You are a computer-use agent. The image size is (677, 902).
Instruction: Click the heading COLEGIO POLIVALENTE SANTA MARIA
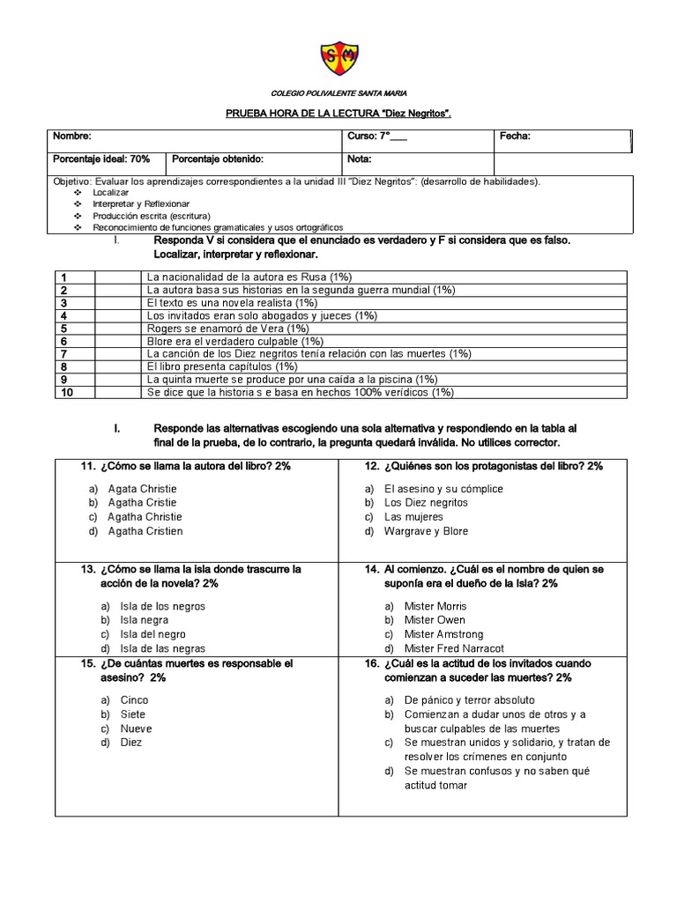[x=338, y=93]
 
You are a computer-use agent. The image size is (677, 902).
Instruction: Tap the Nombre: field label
[x=71, y=137]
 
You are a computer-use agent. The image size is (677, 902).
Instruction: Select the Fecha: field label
[x=515, y=137]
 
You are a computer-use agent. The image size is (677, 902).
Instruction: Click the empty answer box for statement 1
[x=118, y=277]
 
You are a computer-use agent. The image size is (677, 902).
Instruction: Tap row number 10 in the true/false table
[x=66, y=392]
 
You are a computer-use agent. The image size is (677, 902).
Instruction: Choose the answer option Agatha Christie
[x=145, y=516]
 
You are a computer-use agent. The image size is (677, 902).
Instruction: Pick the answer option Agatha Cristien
[x=145, y=531]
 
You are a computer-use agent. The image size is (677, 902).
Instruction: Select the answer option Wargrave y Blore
[x=426, y=531]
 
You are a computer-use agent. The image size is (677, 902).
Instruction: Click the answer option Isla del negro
[x=153, y=634]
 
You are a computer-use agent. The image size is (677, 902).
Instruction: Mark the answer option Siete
[x=133, y=714]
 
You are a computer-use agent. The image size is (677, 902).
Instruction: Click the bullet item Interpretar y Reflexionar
[x=135, y=203]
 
